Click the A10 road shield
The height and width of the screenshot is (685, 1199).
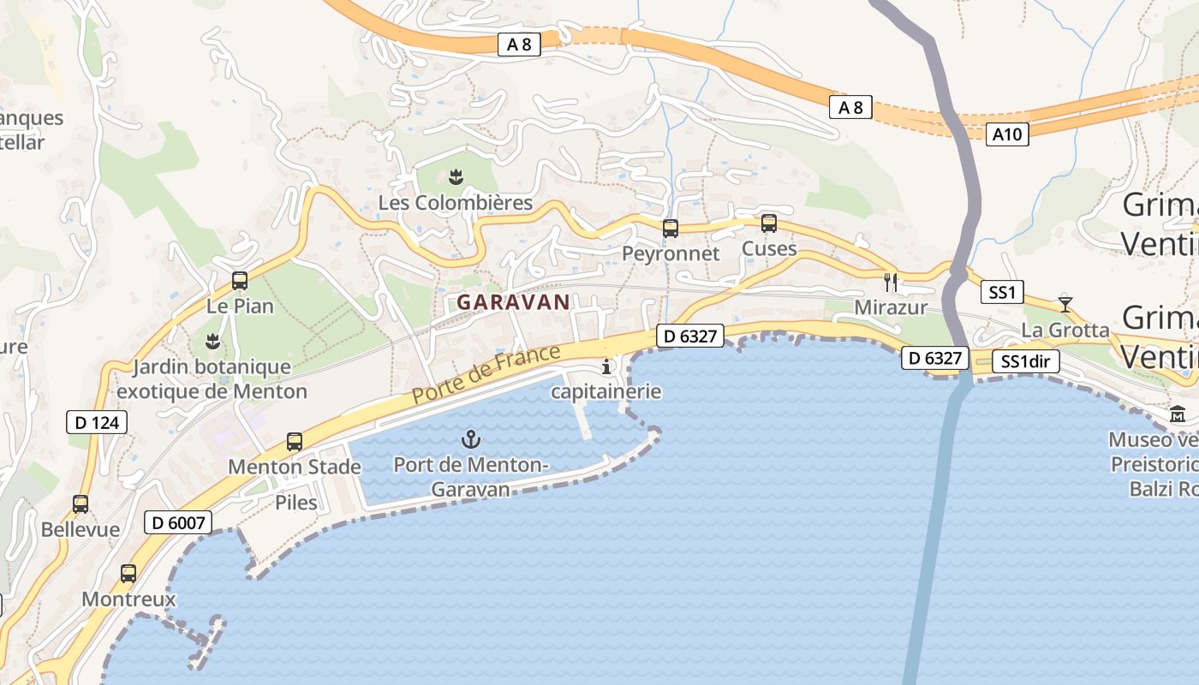coord(1006,134)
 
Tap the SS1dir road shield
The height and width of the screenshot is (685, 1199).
coord(1026,361)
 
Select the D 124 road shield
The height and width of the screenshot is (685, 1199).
coord(97,421)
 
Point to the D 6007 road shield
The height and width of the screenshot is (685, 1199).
coord(177,521)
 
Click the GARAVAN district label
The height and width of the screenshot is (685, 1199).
coord(513,302)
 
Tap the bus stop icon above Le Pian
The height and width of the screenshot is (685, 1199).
coord(240,281)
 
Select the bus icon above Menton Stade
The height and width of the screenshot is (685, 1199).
coord(295,442)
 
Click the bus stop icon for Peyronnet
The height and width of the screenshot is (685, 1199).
coord(671,229)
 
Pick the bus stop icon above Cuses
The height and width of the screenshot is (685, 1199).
coord(769,223)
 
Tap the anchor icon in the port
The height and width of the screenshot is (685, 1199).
coord(470,440)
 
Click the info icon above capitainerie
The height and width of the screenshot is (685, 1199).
coord(607,366)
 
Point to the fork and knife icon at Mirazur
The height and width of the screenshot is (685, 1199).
coord(891,282)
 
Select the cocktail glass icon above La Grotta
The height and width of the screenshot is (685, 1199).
coord(1065,303)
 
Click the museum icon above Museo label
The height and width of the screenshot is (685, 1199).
coord(1178,415)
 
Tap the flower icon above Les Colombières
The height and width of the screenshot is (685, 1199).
coord(456,177)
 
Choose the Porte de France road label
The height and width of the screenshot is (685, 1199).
coord(486,374)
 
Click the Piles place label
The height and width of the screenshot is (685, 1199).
coord(296,503)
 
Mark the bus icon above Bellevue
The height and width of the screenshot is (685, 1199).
coord(81,504)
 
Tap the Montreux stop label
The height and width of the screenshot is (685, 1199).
coord(128,599)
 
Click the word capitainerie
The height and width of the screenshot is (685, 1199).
coord(605,392)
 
